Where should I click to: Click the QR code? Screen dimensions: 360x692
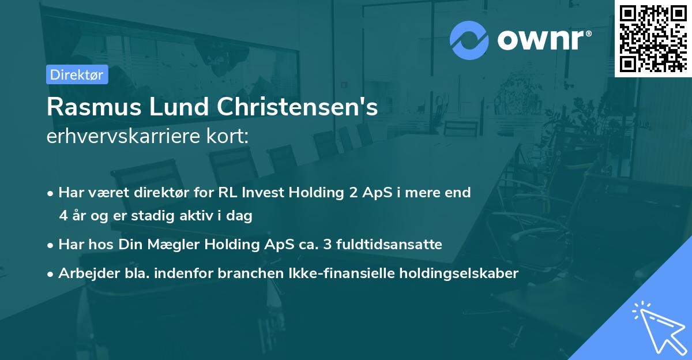click(653, 38)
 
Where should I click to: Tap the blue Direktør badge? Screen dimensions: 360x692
click(77, 74)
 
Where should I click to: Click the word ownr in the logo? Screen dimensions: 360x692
click(542, 39)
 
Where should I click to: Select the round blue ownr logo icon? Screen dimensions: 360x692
click(469, 39)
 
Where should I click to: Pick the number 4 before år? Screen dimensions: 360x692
click(63, 216)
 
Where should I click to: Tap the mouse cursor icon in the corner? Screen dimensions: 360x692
click(657, 326)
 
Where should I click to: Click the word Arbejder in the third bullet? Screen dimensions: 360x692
click(84, 273)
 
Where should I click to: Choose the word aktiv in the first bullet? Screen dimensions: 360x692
click(205, 216)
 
